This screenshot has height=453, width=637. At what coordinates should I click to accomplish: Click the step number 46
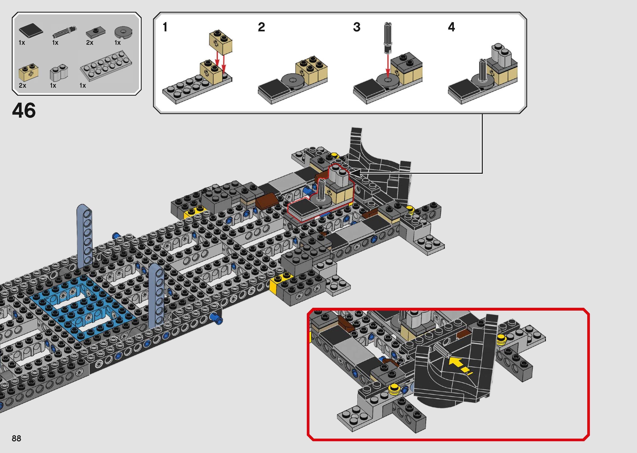point(24,110)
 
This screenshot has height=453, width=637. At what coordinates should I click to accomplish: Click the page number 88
point(16,438)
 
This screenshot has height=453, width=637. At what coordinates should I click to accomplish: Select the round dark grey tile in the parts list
point(123,32)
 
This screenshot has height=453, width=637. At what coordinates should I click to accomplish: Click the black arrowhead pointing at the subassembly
point(354,173)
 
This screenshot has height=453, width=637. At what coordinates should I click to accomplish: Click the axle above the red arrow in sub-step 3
point(388,38)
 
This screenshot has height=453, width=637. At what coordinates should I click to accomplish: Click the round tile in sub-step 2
point(293,80)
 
